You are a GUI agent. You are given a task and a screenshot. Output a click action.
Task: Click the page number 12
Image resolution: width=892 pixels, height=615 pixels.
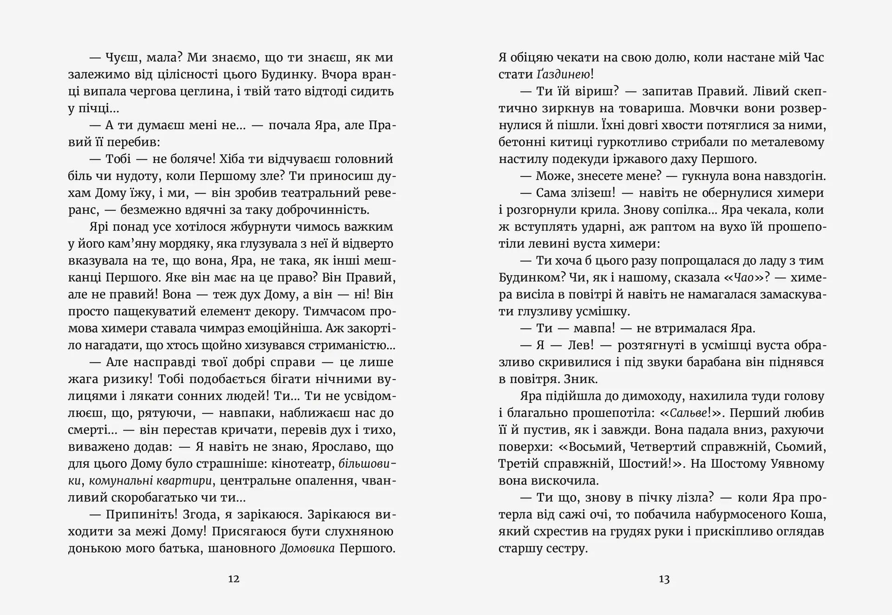pyautogui.click(x=234, y=579)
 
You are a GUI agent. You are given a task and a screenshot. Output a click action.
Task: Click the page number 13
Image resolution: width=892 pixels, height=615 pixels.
pyautogui.click(x=664, y=579)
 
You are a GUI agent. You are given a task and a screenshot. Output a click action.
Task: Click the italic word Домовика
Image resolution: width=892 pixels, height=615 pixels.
pyautogui.click(x=307, y=549)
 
